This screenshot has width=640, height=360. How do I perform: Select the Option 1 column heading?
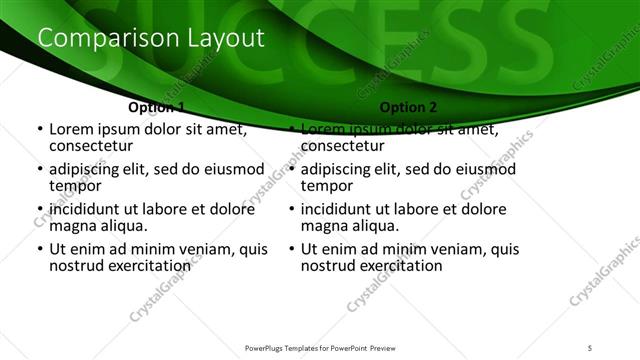[157, 107]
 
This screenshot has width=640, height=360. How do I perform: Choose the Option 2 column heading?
[408, 107]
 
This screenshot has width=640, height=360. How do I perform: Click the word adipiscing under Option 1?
[86, 169]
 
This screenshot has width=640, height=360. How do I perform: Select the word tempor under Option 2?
[327, 185]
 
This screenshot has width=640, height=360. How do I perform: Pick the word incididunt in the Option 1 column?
[87, 209]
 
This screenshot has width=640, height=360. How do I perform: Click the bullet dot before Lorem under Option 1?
[39, 130]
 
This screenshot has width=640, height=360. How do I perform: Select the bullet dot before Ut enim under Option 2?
[291, 249]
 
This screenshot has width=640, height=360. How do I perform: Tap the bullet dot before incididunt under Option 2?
[291, 209]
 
